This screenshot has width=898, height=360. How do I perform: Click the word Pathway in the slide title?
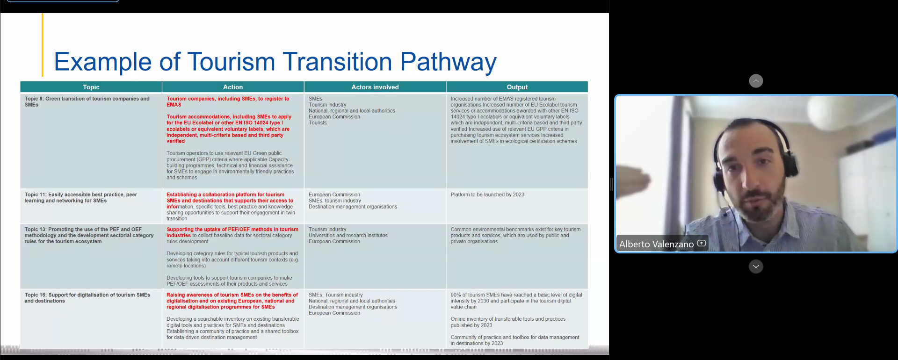[x=448, y=62]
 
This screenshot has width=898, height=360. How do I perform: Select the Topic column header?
[x=91, y=87]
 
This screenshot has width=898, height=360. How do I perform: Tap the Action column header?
[x=233, y=87]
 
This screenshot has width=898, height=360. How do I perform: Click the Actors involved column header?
[x=375, y=87]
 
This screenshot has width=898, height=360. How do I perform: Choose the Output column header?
[x=517, y=87]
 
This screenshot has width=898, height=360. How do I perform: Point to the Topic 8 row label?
[x=87, y=101]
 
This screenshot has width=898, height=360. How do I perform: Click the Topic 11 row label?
[x=81, y=197]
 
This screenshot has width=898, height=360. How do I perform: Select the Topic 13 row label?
[x=89, y=235]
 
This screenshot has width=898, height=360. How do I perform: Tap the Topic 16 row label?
[x=87, y=298]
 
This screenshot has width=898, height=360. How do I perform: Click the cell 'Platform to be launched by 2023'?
[x=487, y=194]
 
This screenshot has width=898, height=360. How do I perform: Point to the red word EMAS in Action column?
[x=174, y=105]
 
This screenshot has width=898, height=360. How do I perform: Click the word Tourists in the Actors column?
[x=318, y=123]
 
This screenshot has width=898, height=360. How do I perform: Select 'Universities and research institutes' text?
[x=348, y=236]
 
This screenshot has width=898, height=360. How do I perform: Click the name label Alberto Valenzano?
[x=656, y=244]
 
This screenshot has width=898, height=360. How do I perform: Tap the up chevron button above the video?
[x=756, y=81]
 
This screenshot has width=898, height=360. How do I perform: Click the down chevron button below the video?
[x=756, y=266]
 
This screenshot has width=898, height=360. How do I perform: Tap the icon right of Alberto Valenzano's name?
[x=702, y=243]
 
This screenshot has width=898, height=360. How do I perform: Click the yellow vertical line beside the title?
[x=42, y=45]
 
